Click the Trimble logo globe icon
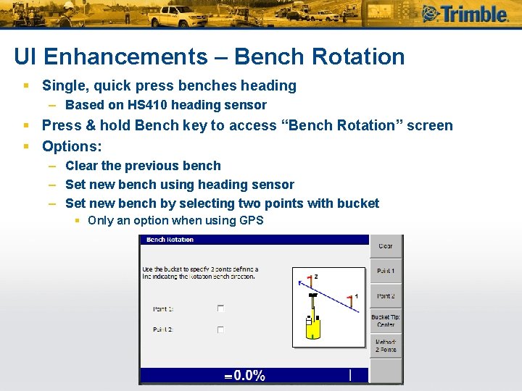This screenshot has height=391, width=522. (x=432, y=14)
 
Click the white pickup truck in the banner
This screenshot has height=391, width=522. (x=180, y=15)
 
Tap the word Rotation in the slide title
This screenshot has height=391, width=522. (x=355, y=56)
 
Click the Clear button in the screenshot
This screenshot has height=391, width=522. (x=386, y=246)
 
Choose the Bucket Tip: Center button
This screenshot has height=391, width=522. (x=386, y=321)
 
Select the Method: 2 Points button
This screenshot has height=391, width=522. (x=386, y=345)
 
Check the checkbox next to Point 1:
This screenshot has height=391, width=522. (x=220, y=308)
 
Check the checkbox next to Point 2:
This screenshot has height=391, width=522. (x=220, y=329)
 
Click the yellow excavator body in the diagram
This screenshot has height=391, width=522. (x=312, y=328)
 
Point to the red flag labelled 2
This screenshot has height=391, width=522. (x=310, y=279)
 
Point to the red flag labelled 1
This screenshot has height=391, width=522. (x=351, y=300)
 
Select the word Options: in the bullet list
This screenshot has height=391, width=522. (x=72, y=146)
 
